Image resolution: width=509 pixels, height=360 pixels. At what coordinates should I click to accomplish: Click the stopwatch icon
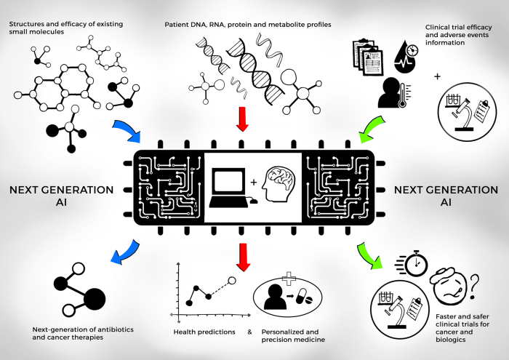(416, 263)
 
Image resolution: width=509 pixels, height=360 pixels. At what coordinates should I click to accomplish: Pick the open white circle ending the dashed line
(233, 279)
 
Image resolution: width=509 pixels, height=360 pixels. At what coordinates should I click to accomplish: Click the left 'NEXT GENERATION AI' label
(61, 196)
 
